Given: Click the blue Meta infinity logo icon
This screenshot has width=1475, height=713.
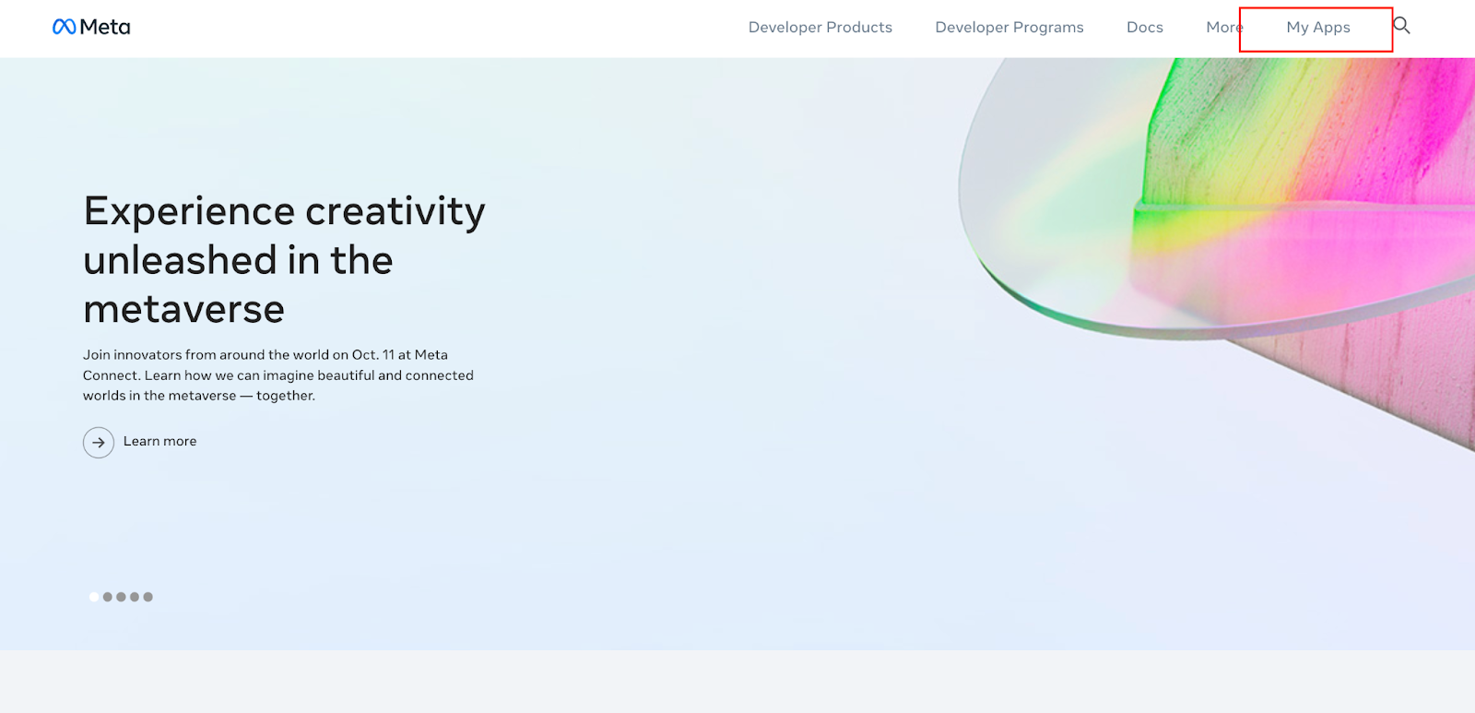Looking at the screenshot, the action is tap(64, 27).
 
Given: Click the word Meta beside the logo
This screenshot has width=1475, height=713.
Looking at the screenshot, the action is tap(105, 27).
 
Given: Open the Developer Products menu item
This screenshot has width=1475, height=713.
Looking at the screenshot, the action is tap(820, 28).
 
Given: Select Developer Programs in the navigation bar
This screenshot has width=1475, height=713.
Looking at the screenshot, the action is tap(1009, 28).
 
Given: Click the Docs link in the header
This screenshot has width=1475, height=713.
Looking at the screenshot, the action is tap(1144, 28).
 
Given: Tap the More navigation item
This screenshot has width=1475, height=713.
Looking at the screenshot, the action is tap(1224, 28).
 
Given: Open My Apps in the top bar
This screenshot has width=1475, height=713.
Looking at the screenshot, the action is tap(1317, 28).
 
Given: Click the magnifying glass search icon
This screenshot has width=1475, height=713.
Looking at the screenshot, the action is tap(1401, 26).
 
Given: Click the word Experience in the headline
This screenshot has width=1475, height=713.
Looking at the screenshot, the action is tap(188, 212).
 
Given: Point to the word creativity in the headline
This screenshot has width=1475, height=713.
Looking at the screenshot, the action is tap(395, 212).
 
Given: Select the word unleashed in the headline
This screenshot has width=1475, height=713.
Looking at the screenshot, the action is tap(179, 260).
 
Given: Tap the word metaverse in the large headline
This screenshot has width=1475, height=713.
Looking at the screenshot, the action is tap(183, 309).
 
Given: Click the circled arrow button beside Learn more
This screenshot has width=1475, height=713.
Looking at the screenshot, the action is tap(99, 442).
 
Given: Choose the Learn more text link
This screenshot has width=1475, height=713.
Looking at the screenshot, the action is tap(160, 442).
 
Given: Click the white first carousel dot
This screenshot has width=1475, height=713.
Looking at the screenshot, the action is tap(94, 597).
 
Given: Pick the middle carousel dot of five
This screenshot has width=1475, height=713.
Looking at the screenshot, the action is tap(121, 597).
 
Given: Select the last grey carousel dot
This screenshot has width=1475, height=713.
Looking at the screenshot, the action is tap(148, 597).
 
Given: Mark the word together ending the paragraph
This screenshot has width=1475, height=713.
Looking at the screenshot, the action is tap(286, 396).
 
